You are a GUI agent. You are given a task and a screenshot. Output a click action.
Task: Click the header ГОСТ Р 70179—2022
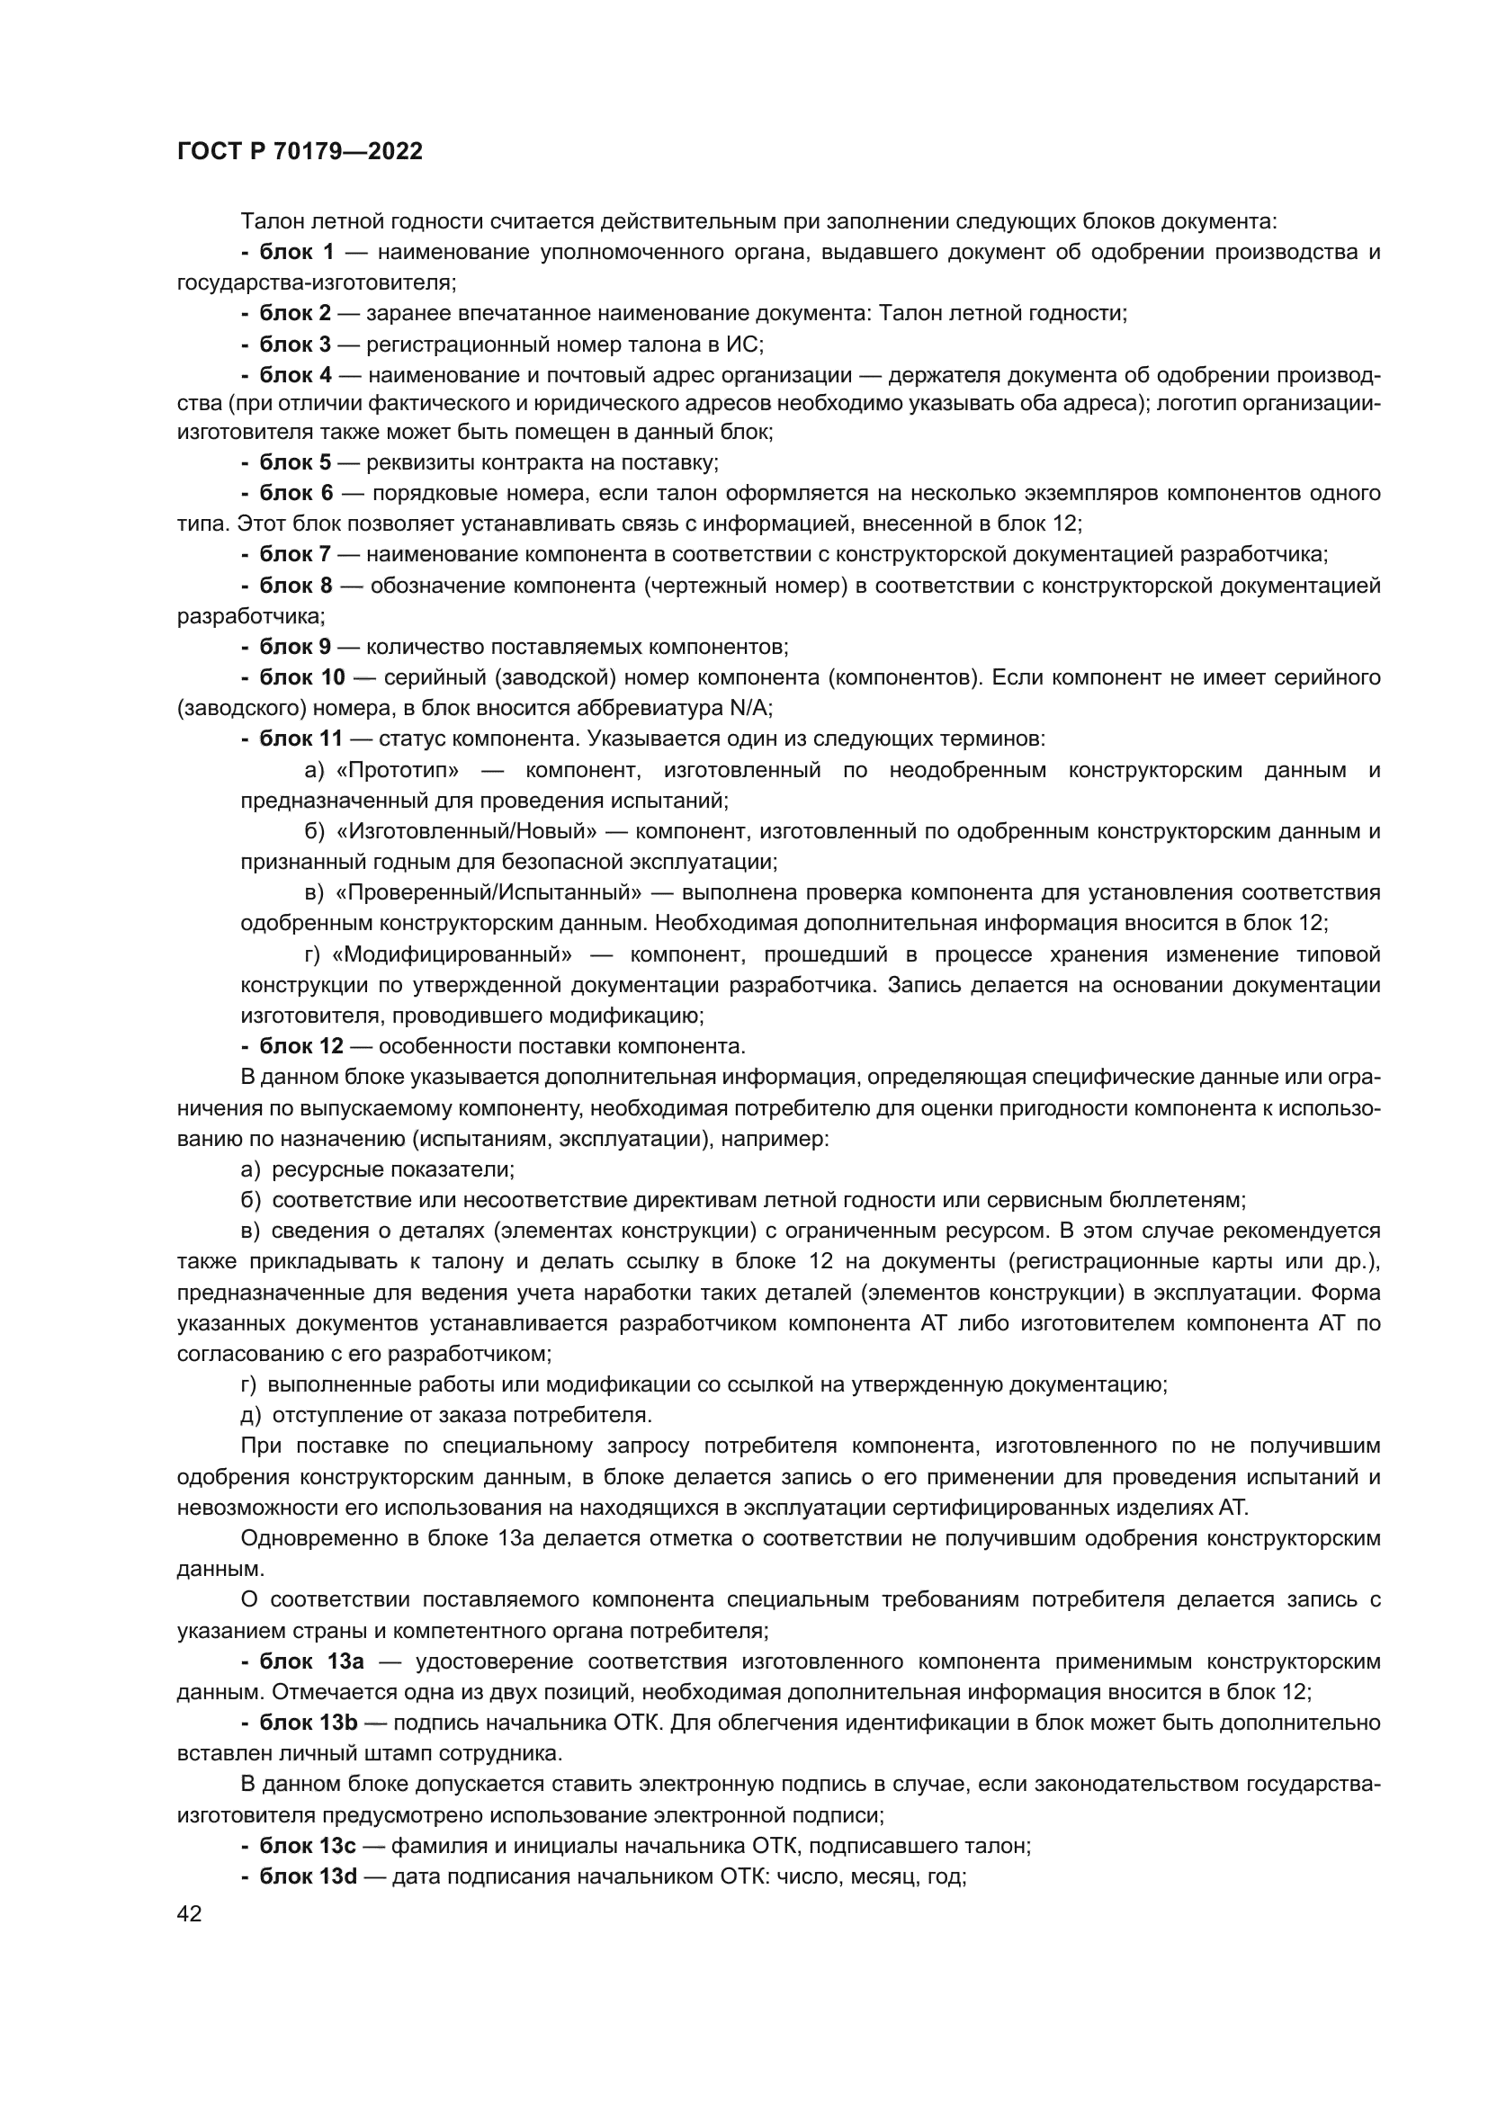300,152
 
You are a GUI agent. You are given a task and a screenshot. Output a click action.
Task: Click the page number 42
189,1913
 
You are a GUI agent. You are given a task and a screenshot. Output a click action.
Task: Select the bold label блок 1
297,252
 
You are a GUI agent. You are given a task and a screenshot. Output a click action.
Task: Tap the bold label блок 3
295,345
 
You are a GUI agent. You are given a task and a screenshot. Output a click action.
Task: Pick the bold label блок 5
295,461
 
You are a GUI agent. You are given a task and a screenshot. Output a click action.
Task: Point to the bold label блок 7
295,554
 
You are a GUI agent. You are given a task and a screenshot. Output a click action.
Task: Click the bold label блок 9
295,647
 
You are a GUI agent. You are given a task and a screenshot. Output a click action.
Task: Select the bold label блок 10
301,677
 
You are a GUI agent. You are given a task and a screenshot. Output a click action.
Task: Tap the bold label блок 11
300,739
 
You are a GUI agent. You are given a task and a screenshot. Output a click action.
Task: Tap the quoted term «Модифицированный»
452,955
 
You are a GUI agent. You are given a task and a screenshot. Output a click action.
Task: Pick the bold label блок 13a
311,1661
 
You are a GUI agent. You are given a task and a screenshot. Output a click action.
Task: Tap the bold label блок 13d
308,1876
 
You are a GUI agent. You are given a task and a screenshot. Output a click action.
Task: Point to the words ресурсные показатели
392,1169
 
